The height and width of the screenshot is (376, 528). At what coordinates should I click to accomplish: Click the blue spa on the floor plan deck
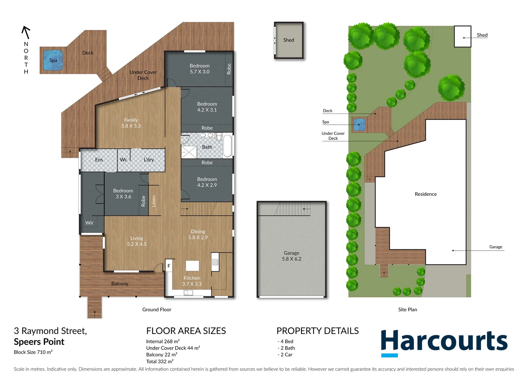coord(53,60)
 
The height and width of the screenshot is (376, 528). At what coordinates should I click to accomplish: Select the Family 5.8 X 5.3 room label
coord(131,123)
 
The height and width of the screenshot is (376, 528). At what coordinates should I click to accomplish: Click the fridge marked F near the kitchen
coord(169,266)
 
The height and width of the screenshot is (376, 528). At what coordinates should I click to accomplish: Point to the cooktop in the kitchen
coord(215,262)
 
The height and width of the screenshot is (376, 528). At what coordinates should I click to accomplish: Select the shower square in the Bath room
coord(189,152)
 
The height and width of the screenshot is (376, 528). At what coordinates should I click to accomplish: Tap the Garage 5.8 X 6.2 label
coord(292,256)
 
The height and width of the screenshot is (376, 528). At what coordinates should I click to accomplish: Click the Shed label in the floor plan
coord(288,40)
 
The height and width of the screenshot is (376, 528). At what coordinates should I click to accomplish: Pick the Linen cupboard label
coord(154,201)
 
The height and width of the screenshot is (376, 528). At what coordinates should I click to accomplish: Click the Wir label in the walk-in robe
coord(89,223)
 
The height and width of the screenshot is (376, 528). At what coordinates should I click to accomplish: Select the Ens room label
coord(99,160)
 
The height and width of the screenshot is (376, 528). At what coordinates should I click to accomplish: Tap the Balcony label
coord(120,284)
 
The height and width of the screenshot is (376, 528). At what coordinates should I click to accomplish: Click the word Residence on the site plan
coord(426,194)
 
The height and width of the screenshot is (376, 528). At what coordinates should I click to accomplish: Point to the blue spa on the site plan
coord(359,124)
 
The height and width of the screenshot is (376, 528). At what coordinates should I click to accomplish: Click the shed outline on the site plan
coord(463,37)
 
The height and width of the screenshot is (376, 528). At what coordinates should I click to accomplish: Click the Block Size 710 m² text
coord(33,352)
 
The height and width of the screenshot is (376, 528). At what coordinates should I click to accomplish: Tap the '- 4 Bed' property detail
coord(286,342)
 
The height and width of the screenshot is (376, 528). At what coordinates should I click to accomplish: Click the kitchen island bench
coord(192,266)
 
